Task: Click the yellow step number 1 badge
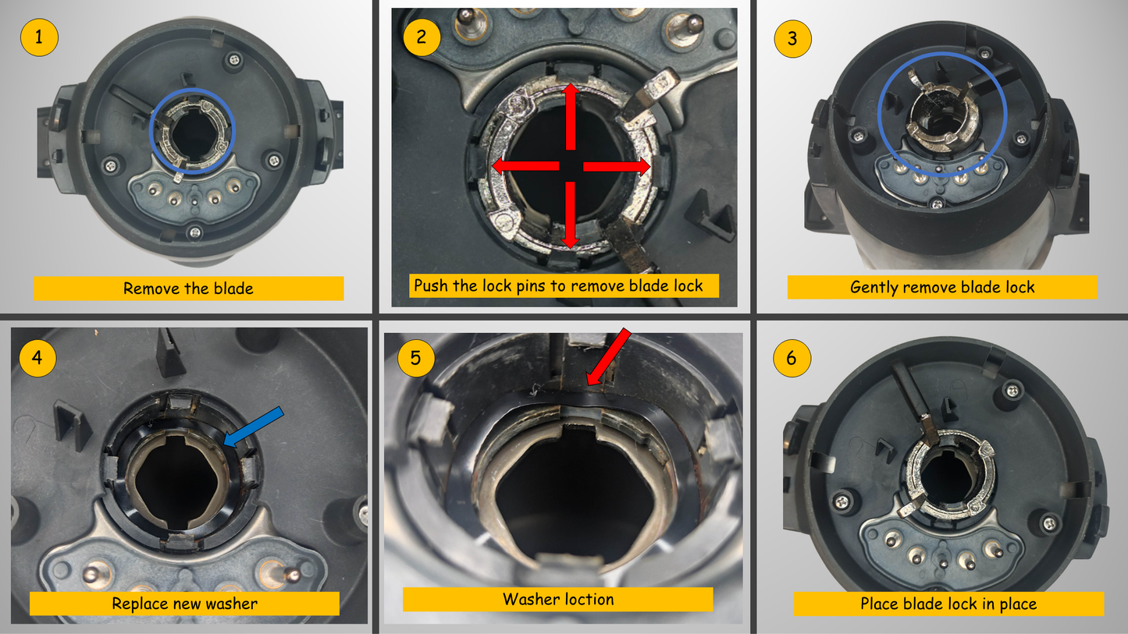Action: pos(39,37)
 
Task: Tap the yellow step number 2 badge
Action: pos(422,37)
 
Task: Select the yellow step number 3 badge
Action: pos(792,39)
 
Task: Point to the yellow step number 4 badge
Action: pos(37,358)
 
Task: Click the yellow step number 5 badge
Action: pos(416,358)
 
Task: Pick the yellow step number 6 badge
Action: pos(792,358)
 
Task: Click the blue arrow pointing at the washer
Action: pos(253,427)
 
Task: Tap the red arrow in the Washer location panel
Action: pos(608,357)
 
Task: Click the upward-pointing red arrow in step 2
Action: pos(571,116)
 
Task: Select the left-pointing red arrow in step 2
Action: pos(525,165)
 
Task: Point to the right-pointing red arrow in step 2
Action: pos(617,166)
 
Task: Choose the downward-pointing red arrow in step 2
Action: pos(570,215)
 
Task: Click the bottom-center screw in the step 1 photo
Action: pos(195,232)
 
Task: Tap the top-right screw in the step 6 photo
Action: pos(1012,390)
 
